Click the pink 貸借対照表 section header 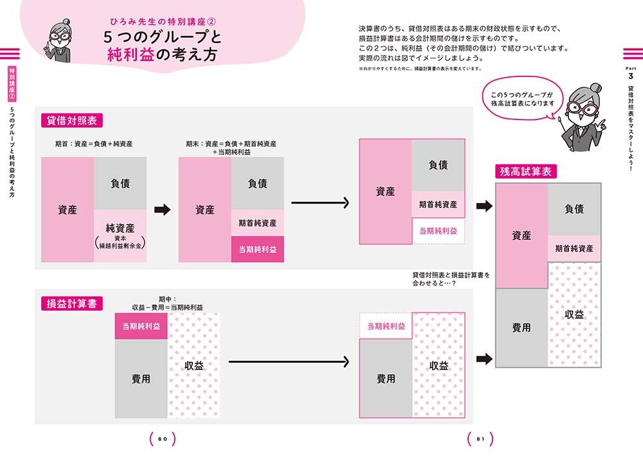point(71,121)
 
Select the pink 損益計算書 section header point(71,303)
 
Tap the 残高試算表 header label point(526,171)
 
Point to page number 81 point(480,439)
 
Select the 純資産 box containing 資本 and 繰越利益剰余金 point(120,236)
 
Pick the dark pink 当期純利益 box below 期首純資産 point(257,249)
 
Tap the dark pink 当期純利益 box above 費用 point(141,326)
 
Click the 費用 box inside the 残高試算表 point(521,327)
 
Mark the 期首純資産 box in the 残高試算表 point(574,248)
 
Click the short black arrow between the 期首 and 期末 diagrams point(162,209)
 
